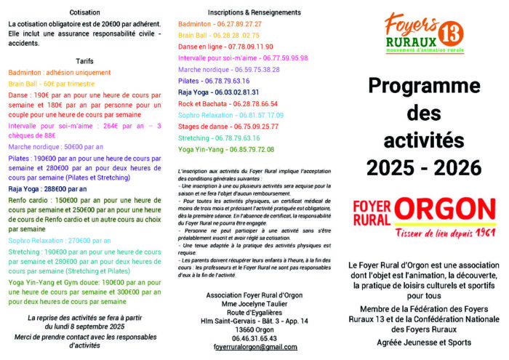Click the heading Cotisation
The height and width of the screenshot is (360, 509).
click(x=85, y=12)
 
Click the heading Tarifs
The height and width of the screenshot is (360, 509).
click(x=85, y=60)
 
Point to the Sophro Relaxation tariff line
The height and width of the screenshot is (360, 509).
click(x=60, y=240)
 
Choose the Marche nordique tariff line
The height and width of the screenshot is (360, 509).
click(x=55, y=146)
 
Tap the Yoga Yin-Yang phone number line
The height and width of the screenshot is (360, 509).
click(x=226, y=149)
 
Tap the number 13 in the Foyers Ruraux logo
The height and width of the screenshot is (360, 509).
click(x=450, y=33)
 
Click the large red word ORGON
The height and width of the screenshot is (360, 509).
click(x=444, y=209)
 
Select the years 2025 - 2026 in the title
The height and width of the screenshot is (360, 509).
click(x=424, y=167)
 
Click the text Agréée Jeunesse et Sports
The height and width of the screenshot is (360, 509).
click(x=424, y=343)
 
